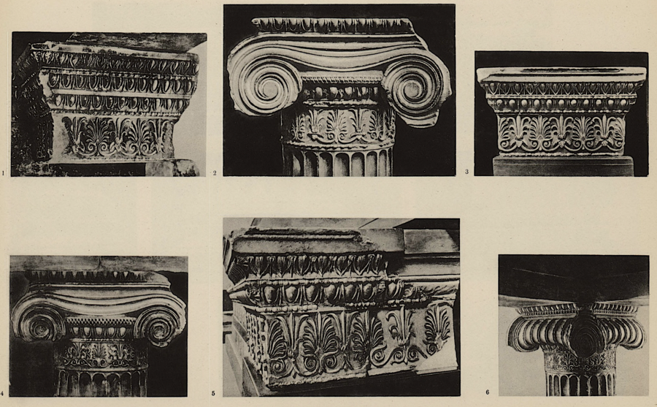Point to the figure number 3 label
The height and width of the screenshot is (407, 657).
[466, 172]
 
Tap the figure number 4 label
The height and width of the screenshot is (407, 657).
[2, 394]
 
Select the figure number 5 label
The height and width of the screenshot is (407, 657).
[213, 394]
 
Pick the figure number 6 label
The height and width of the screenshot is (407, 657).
[488, 392]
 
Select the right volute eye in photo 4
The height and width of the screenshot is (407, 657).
[160, 329]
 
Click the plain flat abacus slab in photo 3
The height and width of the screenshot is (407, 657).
[561, 75]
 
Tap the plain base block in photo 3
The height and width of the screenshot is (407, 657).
[563, 166]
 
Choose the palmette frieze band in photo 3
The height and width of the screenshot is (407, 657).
[561, 133]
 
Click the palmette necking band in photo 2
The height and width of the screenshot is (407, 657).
[339, 125]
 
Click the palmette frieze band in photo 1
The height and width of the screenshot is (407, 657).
[118, 137]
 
